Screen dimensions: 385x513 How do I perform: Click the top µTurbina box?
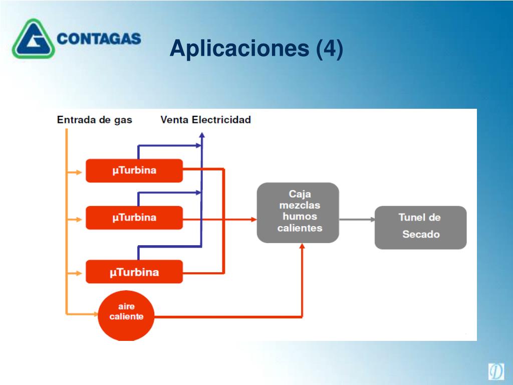click(134, 170)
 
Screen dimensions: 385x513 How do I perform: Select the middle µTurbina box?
click(134, 218)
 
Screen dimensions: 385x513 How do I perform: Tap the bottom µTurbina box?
click(134, 272)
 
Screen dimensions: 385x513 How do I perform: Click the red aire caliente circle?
click(126, 313)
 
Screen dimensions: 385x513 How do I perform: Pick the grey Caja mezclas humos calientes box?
click(298, 213)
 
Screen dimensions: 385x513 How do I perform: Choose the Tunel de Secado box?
click(420, 227)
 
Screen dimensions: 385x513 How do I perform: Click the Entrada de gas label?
click(94, 120)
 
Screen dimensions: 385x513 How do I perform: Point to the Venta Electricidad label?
click(205, 120)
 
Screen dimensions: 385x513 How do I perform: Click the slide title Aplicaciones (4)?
click(256, 49)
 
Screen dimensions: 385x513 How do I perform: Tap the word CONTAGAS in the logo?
click(99, 39)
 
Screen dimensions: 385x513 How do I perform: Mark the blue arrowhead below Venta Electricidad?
click(201, 134)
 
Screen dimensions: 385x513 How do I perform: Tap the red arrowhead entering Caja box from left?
click(252, 219)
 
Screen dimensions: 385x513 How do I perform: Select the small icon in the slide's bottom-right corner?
click(496, 371)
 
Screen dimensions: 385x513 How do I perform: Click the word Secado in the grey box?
click(420, 234)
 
